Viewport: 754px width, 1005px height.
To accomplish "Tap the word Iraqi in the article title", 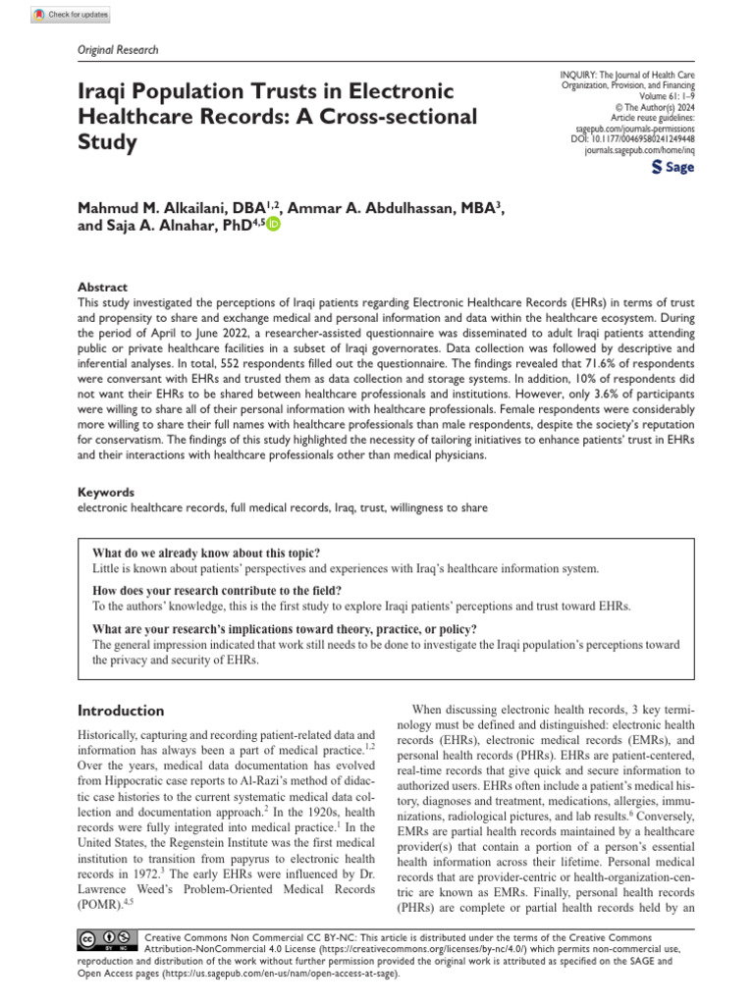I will click(106, 91).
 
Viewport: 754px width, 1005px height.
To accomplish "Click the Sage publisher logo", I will click(673, 168).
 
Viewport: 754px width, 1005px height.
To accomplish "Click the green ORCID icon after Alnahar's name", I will click(272, 224).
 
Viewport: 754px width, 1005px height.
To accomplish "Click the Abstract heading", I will click(102, 289).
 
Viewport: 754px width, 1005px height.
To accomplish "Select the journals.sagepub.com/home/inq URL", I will click(638, 150).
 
